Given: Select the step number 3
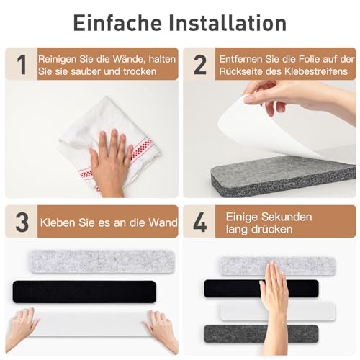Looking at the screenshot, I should (x=22, y=222).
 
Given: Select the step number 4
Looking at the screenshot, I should (x=199, y=222).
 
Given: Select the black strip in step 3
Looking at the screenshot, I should (x=84, y=291).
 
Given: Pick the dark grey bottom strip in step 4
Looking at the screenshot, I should (x=248, y=334).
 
